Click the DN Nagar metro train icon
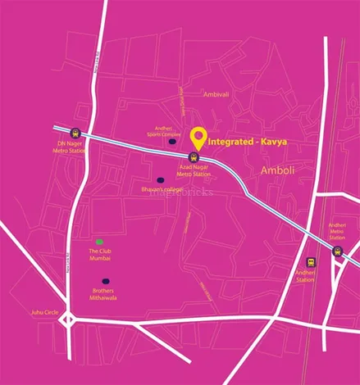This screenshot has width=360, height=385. point(75,132)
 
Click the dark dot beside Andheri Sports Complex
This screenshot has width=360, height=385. point(172,142)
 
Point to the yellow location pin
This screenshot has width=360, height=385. point(198,138)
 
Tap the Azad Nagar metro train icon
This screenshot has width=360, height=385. point(194,156)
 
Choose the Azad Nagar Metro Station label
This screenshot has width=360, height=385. point(195,170)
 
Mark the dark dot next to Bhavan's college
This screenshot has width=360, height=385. point(160,180)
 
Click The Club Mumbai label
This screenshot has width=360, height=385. point(100,254)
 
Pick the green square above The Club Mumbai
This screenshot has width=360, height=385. point(100,242)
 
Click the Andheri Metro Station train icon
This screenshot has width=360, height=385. point(336,251)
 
